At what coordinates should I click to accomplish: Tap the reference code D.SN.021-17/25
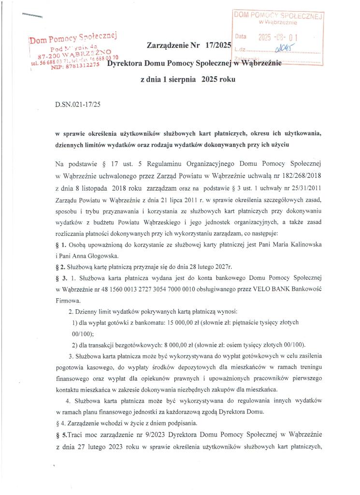[x=78, y=103]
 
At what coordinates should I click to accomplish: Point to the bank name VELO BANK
[x=259, y=289]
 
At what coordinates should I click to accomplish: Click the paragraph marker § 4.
[x=60, y=422]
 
